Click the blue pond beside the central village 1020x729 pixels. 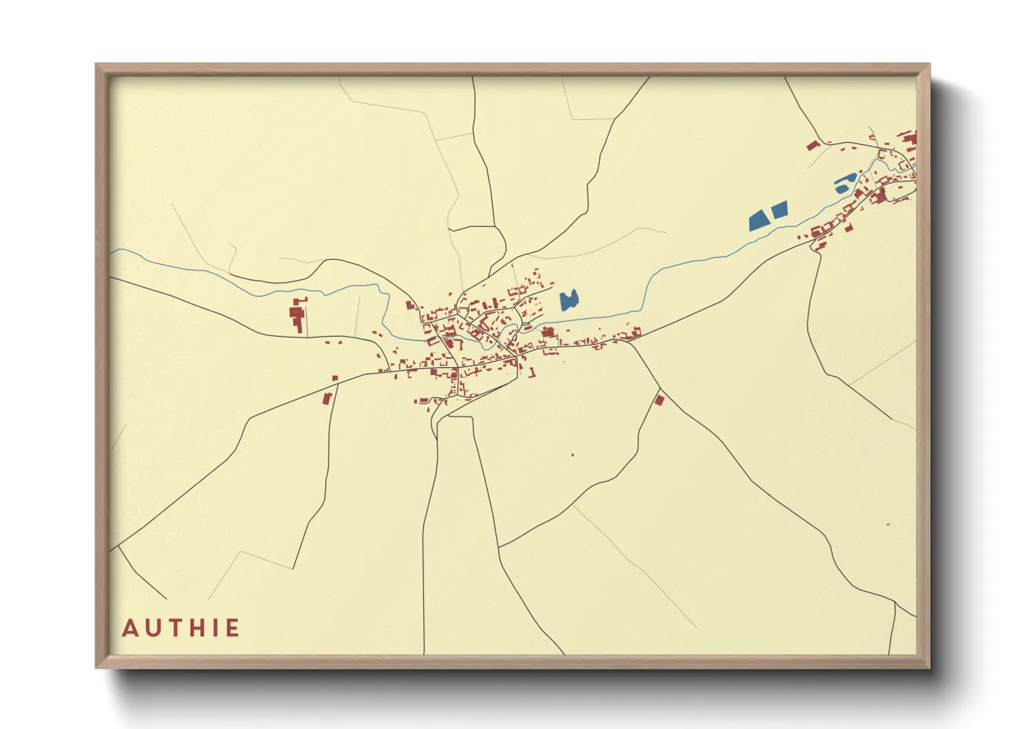pyautogui.click(x=569, y=300)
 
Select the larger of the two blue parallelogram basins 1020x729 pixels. pyautogui.click(x=759, y=220)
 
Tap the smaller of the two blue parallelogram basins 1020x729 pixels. pyautogui.click(x=779, y=209)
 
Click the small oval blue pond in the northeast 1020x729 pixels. pyautogui.click(x=841, y=188)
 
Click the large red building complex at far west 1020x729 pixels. pyautogui.click(x=298, y=316)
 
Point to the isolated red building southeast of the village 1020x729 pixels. pyautogui.click(x=659, y=400)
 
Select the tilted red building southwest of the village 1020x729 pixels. pyautogui.click(x=327, y=398)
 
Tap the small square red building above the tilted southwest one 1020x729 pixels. pyautogui.click(x=335, y=378)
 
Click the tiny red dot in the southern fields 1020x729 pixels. pyautogui.click(x=572, y=455)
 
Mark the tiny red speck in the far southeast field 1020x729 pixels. pyautogui.click(x=888, y=525)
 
